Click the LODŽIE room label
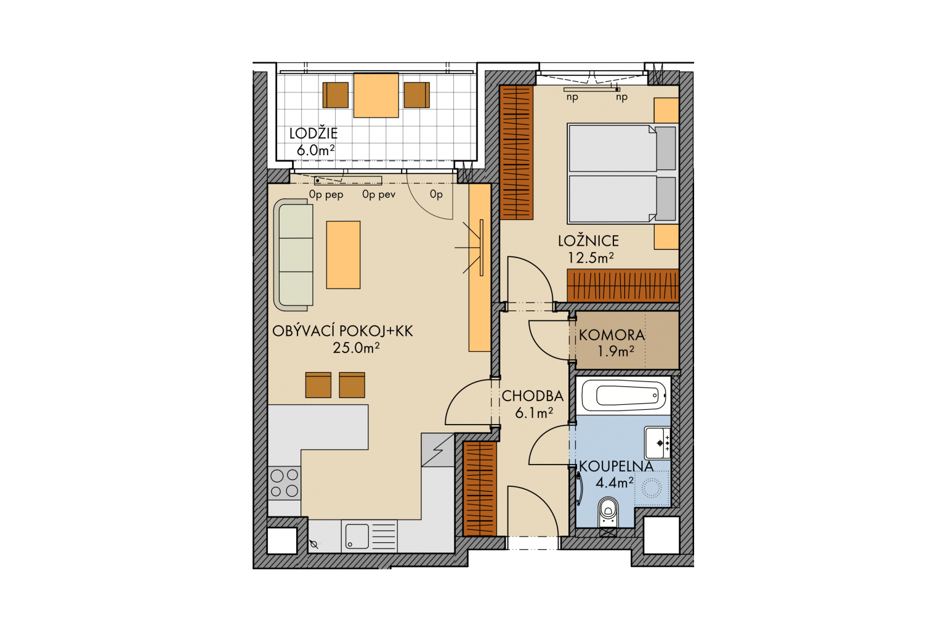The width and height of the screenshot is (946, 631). pyautogui.click(x=313, y=134)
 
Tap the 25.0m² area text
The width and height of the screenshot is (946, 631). pyautogui.click(x=356, y=348)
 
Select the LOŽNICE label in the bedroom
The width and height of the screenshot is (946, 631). pyautogui.click(x=588, y=240)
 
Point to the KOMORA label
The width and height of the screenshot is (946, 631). pyautogui.click(x=612, y=335)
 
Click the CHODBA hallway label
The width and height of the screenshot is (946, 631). pyautogui.click(x=533, y=396)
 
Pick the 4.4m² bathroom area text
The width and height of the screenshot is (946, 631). pyautogui.click(x=614, y=482)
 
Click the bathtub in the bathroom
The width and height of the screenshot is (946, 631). pyautogui.click(x=623, y=396)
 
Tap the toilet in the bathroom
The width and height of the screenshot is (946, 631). pyautogui.click(x=608, y=512)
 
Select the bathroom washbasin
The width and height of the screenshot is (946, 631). pyautogui.click(x=657, y=442)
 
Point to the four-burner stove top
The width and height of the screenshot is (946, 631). pyautogui.click(x=284, y=482)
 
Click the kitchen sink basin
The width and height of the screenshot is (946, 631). pyautogui.click(x=357, y=536)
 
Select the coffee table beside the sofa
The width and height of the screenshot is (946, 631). pyautogui.click(x=343, y=255)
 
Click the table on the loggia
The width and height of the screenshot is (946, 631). pyautogui.click(x=376, y=95)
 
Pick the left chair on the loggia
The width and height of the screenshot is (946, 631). pyautogui.click(x=335, y=95)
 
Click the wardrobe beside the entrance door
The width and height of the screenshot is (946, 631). pyautogui.click(x=479, y=489)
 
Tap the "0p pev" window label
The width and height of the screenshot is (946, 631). pyautogui.click(x=378, y=194)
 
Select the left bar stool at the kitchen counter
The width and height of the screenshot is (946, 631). pyautogui.click(x=318, y=385)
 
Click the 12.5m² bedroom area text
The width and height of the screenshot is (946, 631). pyautogui.click(x=590, y=258)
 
